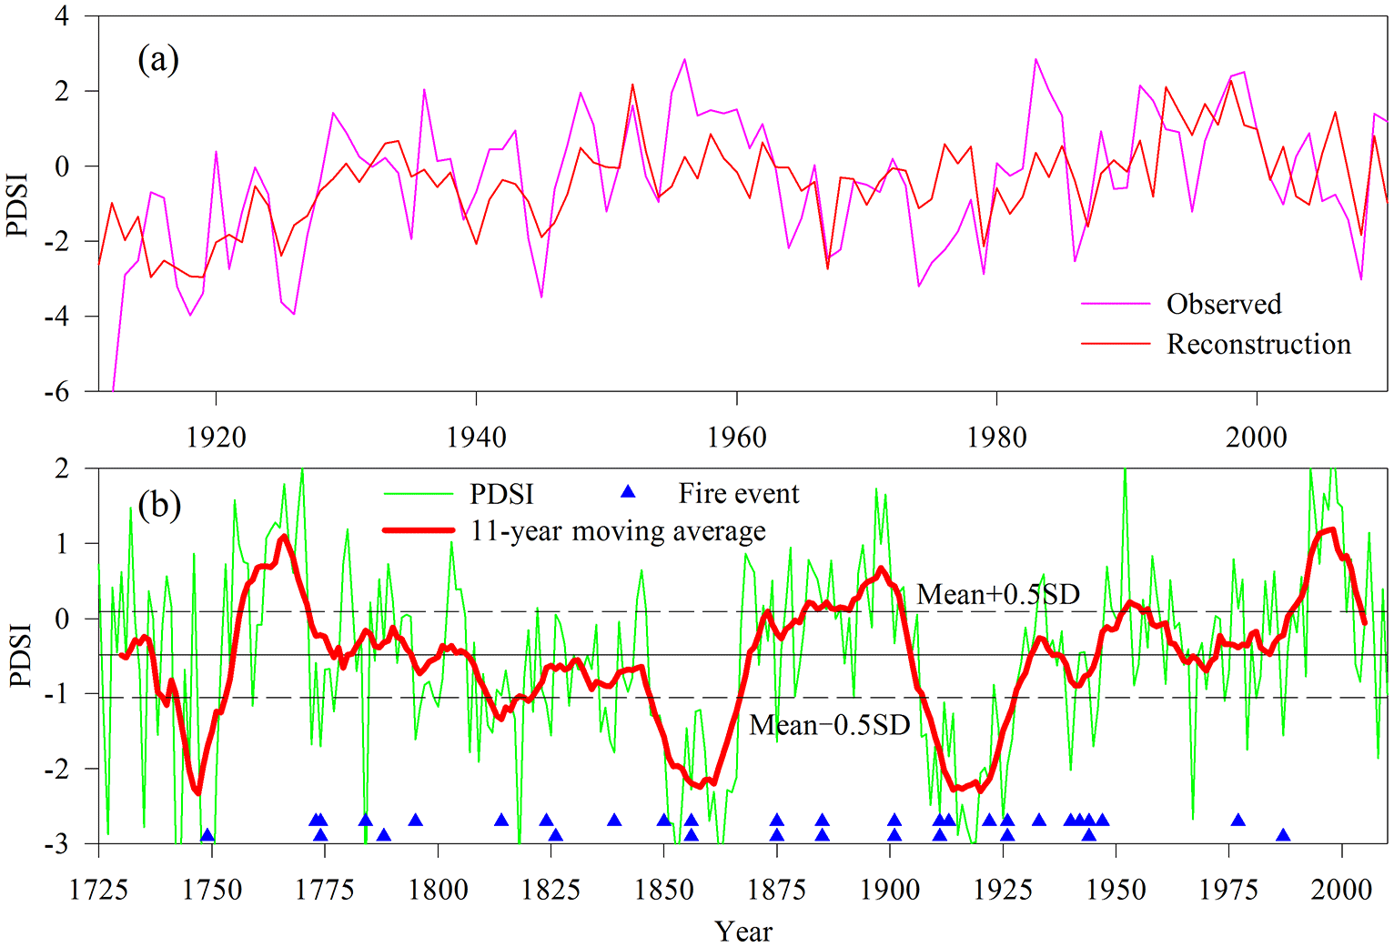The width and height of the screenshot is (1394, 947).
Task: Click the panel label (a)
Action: click(157, 60)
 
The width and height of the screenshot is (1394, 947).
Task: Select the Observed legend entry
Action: click(1224, 304)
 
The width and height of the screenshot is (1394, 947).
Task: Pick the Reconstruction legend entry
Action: click(1258, 344)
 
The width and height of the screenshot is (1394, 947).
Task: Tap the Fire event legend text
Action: click(738, 493)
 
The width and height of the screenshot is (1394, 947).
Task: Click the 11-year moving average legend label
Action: click(618, 530)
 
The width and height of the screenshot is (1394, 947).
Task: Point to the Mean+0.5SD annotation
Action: click(997, 594)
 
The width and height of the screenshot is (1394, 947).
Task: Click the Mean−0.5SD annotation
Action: click(829, 725)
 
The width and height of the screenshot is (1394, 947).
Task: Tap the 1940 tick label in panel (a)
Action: click(476, 438)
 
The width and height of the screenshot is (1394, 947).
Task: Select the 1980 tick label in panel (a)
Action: click(996, 438)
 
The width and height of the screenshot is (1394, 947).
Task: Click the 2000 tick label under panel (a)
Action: click(1256, 438)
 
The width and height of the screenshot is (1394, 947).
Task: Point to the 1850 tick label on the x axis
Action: click(663, 889)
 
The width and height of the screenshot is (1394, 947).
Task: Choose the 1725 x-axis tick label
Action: click(98, 889)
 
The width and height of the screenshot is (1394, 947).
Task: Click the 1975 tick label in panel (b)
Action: click(1228, 889)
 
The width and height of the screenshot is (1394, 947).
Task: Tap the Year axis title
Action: click(742, 931)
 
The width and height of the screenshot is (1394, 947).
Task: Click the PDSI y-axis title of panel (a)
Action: click(18, 205)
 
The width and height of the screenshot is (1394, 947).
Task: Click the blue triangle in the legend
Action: click(627, 492)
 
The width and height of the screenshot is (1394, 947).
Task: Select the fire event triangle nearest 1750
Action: click(207, 835)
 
